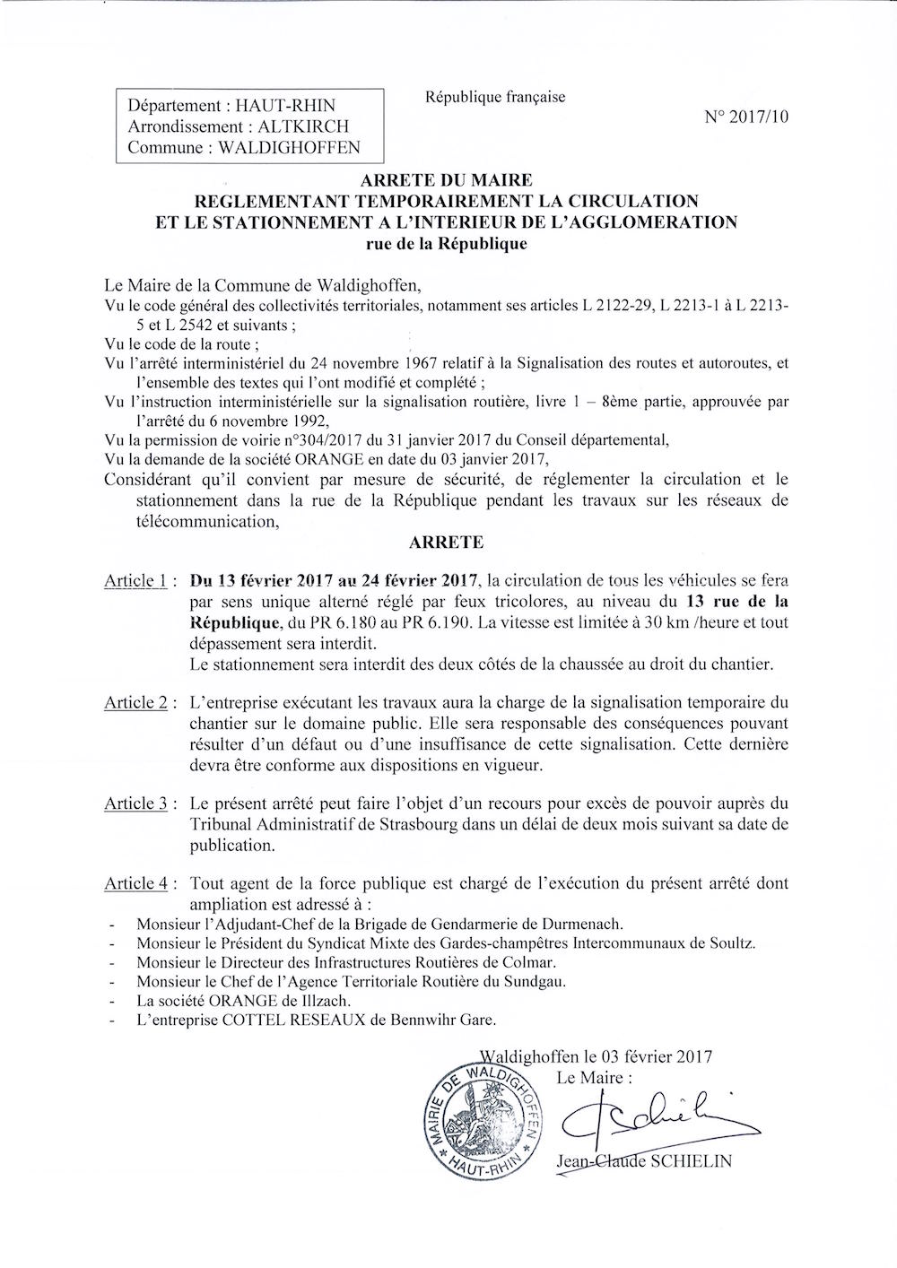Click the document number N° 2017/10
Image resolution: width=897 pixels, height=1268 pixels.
(x=747, y=117)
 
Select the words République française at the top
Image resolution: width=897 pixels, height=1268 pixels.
(x=495, y=97)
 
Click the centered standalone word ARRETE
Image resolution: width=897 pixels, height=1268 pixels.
(x=446, y=543)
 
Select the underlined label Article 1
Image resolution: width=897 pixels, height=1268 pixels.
(x=136, y=581)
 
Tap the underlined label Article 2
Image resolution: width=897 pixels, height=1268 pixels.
(x=136, y=702)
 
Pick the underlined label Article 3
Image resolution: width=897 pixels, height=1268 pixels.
(x=136, y=803)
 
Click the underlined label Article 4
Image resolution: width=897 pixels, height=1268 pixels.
(x=136, y=884)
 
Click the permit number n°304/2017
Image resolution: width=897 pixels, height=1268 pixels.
(x=327, y=439)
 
